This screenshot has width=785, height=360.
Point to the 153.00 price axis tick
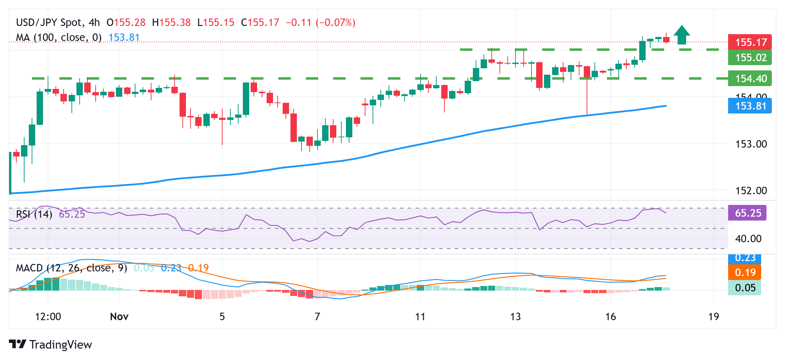[x=751, y=144]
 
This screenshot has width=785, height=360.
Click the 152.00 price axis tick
[x=751, y=191]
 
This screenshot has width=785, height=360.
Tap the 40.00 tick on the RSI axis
[x=748, y=239]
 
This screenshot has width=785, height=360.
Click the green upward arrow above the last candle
[x=682, y=35]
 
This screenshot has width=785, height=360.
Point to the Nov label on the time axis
[x=119, y=317]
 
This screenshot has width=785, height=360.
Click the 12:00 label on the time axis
[x=48, y=317]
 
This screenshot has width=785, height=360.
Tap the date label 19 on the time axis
[x=713, y=317]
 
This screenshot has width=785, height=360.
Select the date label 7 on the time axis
[x=317, y=317]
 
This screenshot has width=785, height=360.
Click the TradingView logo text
[x=60, y=344]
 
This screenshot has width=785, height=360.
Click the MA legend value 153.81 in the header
[x=124, y=37]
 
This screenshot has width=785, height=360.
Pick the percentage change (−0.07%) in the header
[x=335, y=22]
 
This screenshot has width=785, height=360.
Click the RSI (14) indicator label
[x=34, y=214]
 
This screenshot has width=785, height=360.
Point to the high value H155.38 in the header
[x=171, y=22]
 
